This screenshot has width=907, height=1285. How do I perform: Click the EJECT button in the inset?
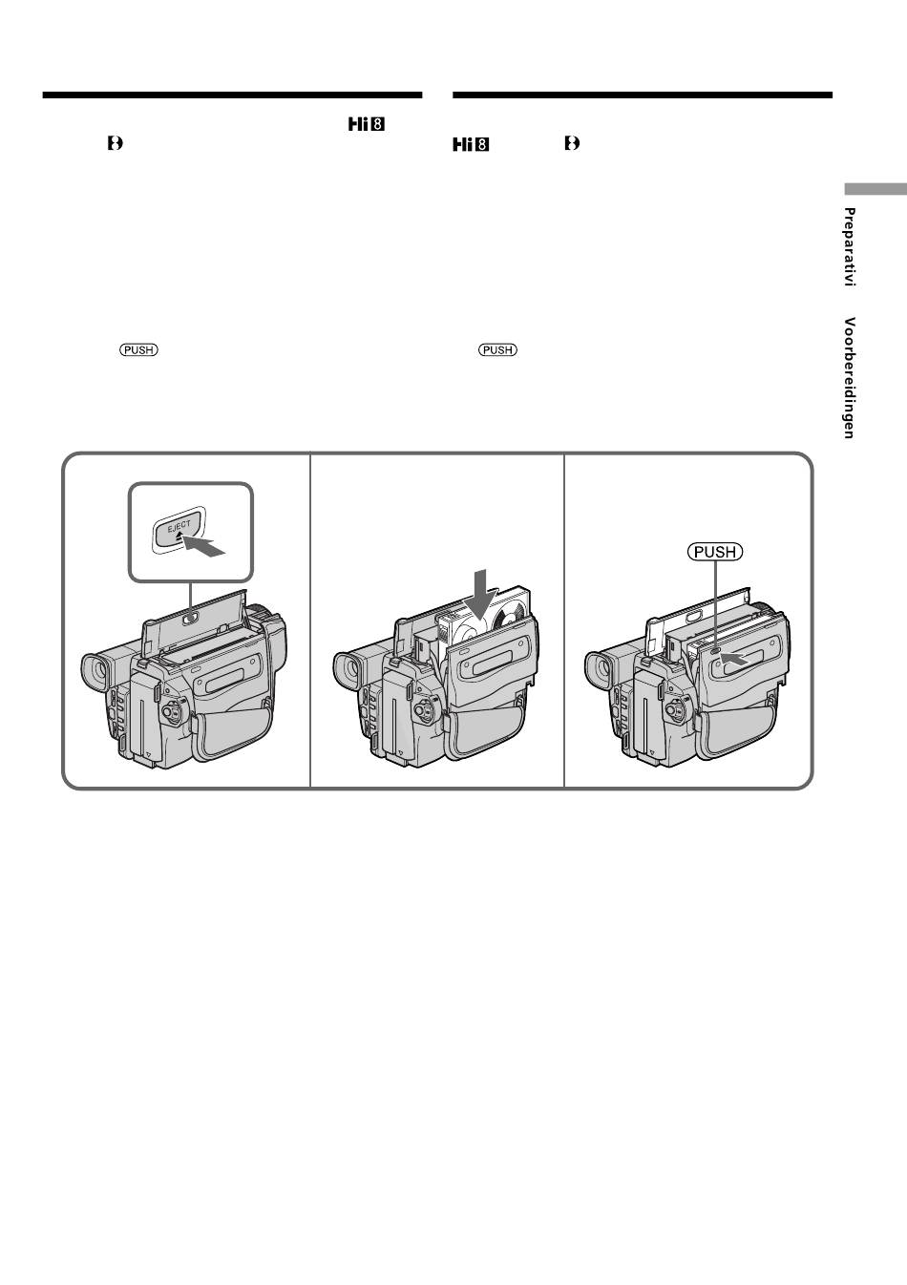tap(177, 530)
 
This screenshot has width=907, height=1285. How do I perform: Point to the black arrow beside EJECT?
tap(205, 547)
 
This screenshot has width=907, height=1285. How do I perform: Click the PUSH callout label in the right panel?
tap(714, 552)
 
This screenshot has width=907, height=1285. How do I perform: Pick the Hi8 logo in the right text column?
tap(471, 145)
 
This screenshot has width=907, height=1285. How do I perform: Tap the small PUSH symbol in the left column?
tap(138, 350)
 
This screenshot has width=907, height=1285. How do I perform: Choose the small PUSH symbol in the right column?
tap(497, 350)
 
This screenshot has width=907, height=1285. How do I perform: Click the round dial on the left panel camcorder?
tap(170, 712)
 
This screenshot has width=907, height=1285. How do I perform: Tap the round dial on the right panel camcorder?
tap(675, 711)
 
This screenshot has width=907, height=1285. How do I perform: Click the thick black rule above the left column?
tap(232, 95)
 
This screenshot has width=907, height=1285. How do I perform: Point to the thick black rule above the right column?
tap(643, 95)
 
